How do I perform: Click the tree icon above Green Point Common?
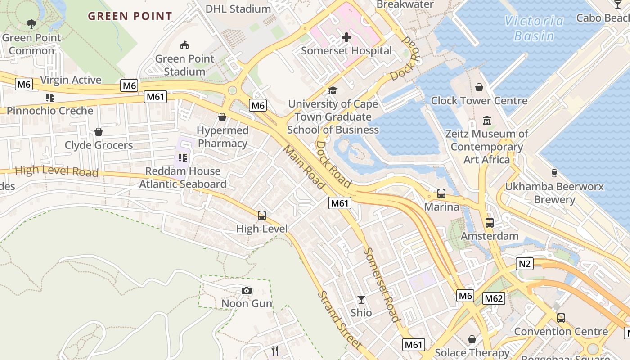coord(31,24)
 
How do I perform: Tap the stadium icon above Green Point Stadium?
coord(184,45)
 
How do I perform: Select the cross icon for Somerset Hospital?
coord(346,37)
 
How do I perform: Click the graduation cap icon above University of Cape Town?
coord(333,91)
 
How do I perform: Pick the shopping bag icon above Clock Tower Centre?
coord(479,87)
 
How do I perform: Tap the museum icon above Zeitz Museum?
coord(487,121)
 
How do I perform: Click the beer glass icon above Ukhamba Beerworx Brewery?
coord(554,173)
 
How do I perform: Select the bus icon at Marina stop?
coord(441,193)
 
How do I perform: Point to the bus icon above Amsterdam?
coord(489,223)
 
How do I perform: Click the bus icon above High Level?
coord(262,216)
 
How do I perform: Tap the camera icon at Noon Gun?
coord(247,290)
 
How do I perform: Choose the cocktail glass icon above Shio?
coord(361,299)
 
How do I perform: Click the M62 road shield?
coord(494,298)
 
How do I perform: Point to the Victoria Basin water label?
coord(534,28)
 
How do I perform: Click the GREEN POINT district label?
coord(130,17)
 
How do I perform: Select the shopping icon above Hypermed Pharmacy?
coord(222,117)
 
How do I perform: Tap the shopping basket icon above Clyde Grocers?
coord(99,132)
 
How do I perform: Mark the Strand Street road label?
coord(339,319)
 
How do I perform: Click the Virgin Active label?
coord(71,80)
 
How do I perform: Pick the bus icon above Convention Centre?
coord(561,318)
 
